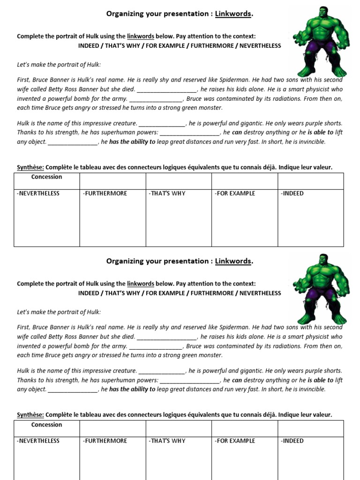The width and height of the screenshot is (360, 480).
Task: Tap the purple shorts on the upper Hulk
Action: click(322, 47)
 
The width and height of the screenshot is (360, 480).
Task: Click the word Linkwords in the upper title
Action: click(233, 14)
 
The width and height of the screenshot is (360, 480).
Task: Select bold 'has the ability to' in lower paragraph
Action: click(132, 390)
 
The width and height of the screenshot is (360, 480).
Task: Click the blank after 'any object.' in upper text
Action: click(73, 142)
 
